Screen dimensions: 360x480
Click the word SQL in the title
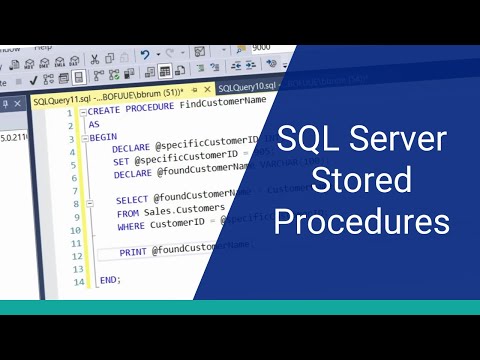pyautogui.click(x=301, y=139)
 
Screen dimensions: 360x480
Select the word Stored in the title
pyautogui.click(x=347, y=180)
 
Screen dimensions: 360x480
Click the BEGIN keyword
pyautogui.click(x=102, y=137)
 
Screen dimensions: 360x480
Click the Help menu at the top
pyautogui.click(x=42, y=48)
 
